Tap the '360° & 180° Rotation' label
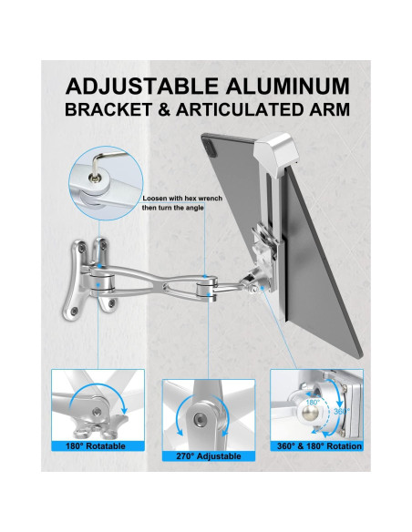(x=320, y=445)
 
